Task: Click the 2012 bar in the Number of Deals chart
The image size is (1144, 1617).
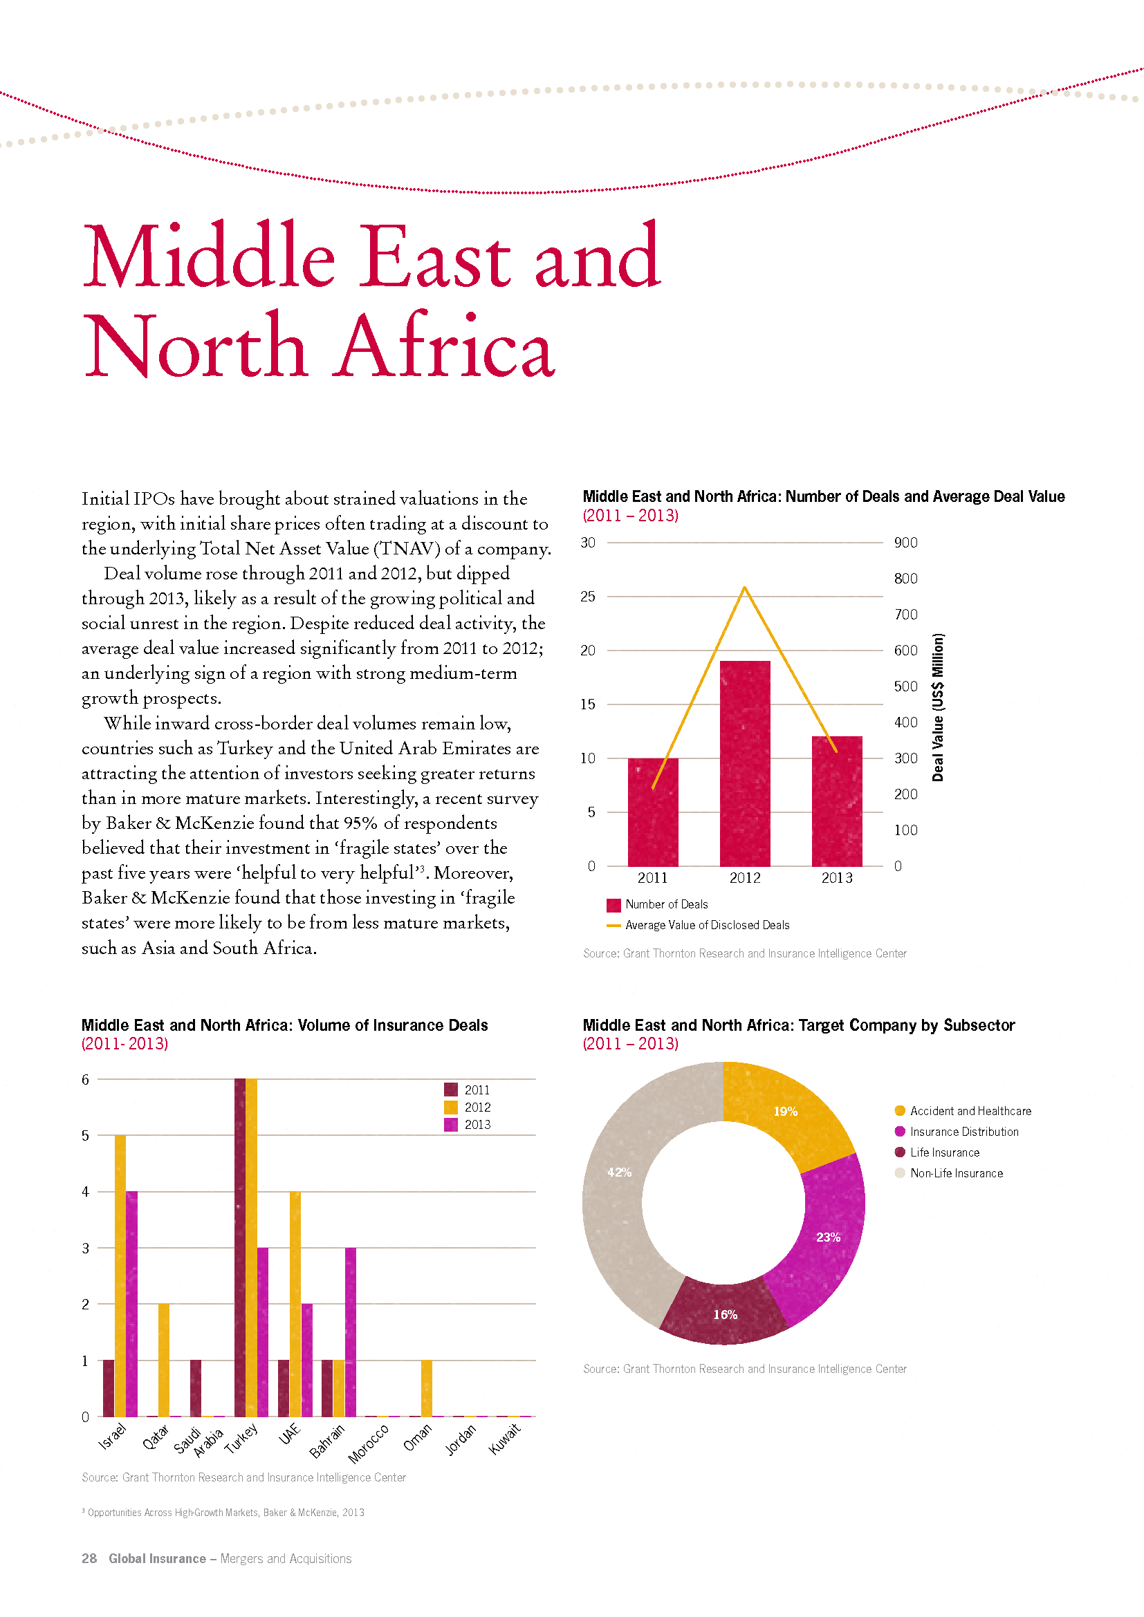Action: (x=745, y=763)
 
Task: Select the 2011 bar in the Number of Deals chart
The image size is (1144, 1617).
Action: (x=653, y=812)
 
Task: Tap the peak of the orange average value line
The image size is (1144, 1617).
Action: (x=745, y=588)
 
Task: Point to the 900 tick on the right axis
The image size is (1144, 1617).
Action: (x=905, y=542)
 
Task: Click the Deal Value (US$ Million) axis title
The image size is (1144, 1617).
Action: (x=938, y=707)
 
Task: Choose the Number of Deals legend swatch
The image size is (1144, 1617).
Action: (x=613, y=905)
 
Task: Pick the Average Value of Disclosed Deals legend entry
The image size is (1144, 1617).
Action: (x=697, y=925)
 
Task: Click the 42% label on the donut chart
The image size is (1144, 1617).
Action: (x=619, y=1172)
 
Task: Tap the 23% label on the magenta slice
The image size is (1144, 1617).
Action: (x=829, y=1237)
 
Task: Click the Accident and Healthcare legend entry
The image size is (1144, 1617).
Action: (x=962, y=1111)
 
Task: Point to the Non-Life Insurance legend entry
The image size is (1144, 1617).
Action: (x=948, y=1172)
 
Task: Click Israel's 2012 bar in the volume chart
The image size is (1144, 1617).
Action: (x=120, y=1275)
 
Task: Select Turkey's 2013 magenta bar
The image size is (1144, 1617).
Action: (x=263, y=1331)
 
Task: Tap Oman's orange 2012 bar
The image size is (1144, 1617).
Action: (x=426, y=1388)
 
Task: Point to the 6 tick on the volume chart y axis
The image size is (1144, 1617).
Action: (x=85, y=1079)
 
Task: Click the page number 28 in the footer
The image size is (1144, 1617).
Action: (x=89, y=1558)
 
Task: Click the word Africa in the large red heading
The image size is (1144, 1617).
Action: (x=445, y=345)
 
